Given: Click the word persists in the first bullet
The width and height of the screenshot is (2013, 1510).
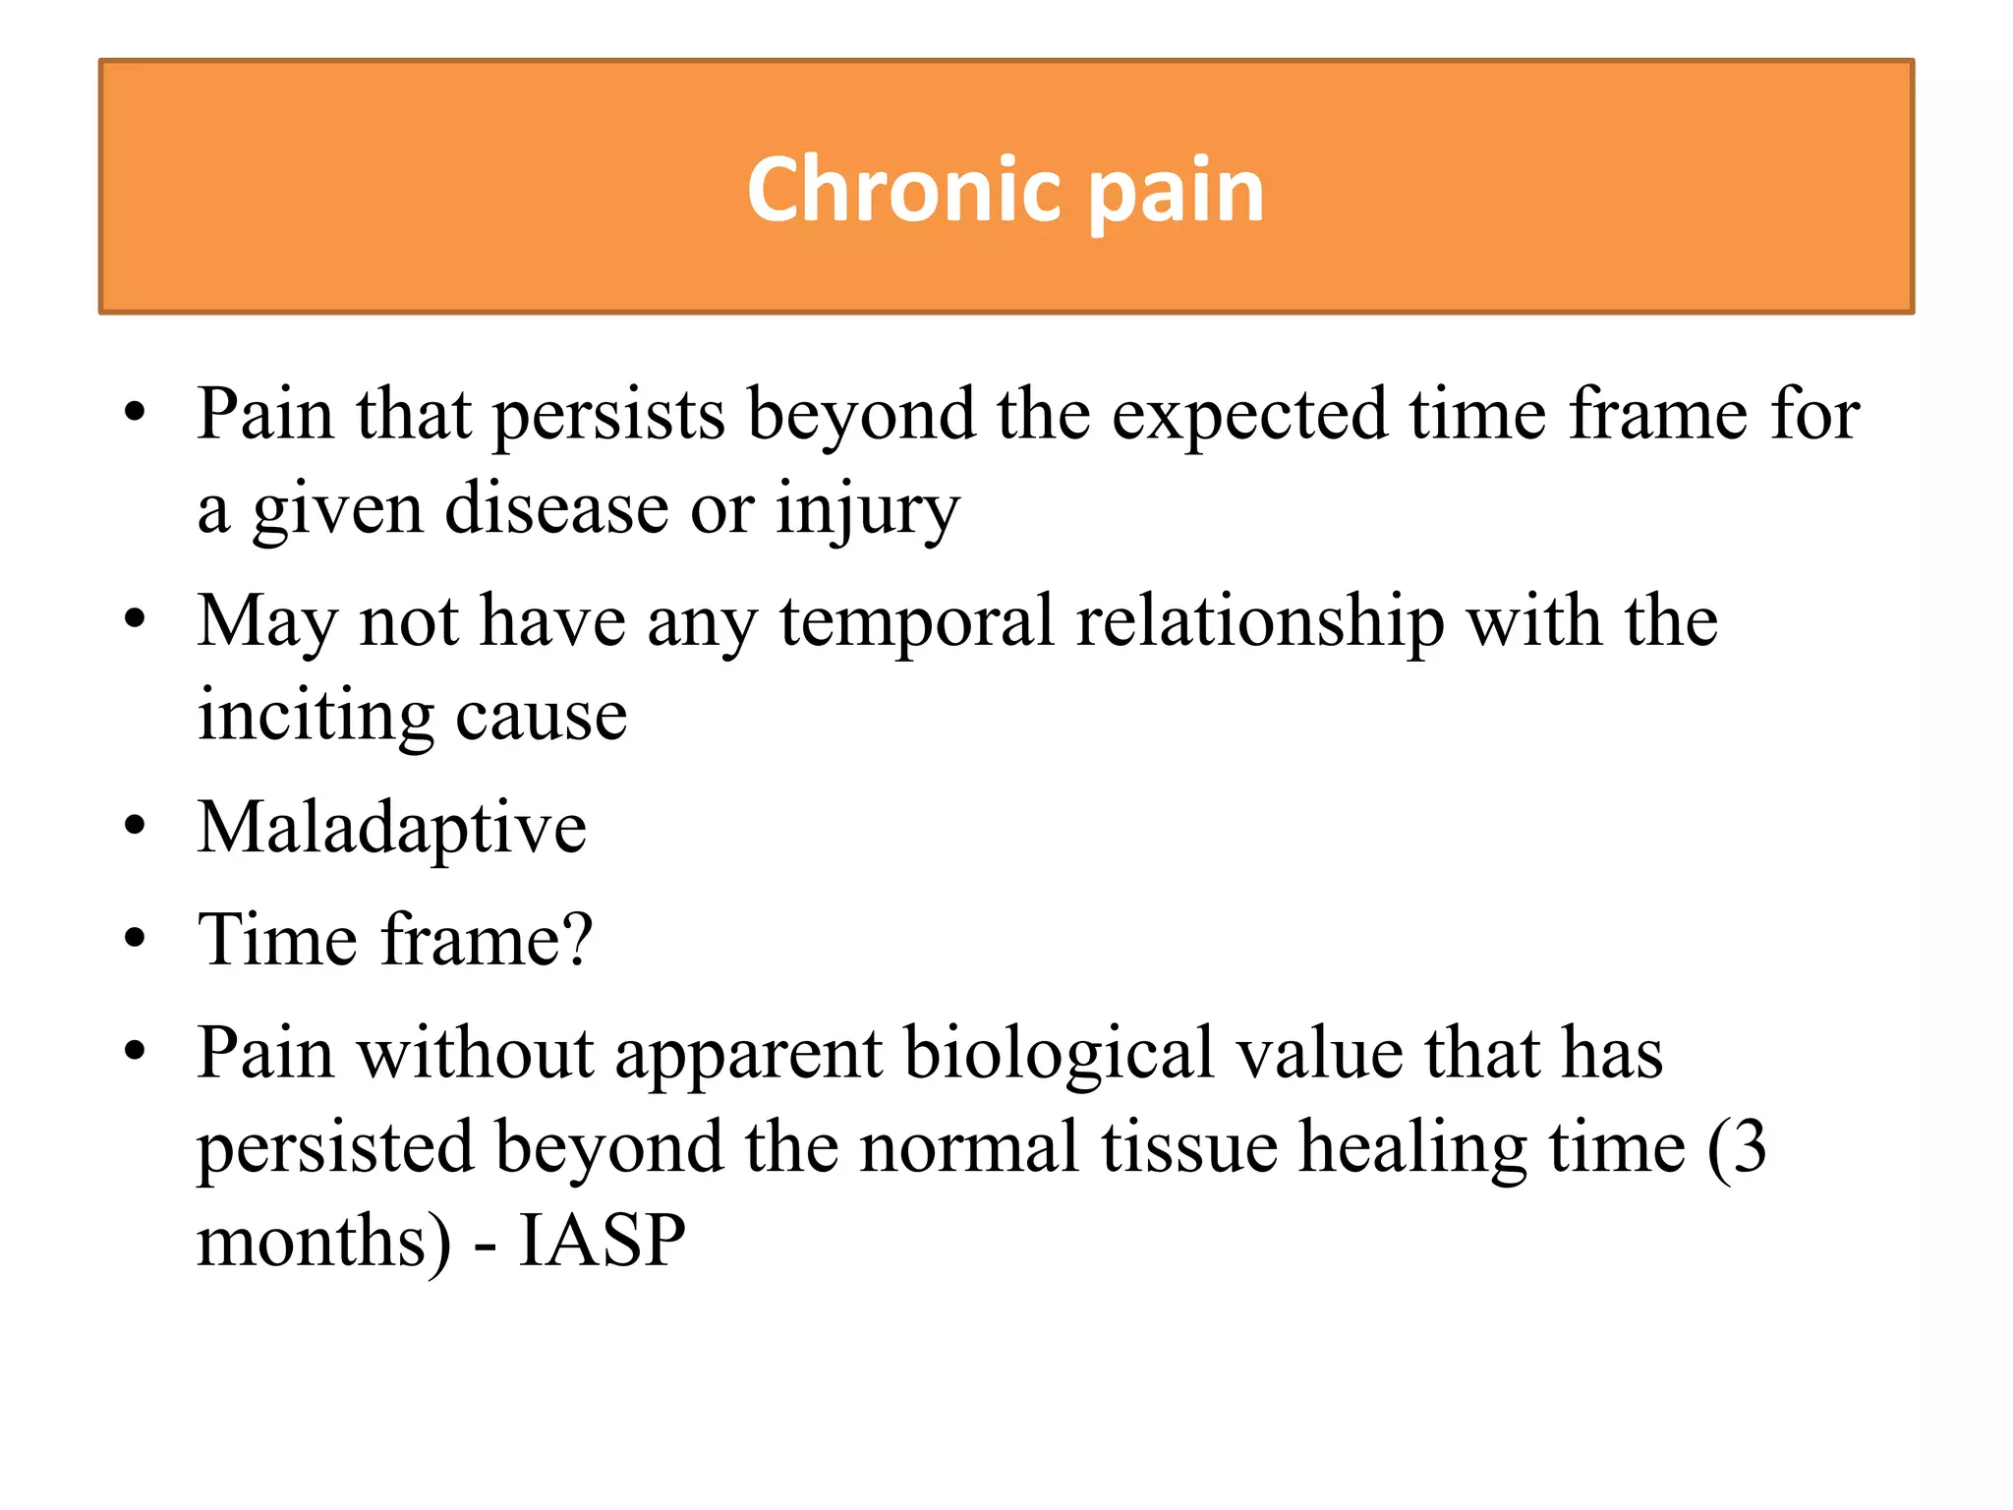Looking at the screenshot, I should [608, 416].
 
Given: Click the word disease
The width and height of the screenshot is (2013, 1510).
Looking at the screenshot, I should [556, 508].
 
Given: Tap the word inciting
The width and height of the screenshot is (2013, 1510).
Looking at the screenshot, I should [316, 716].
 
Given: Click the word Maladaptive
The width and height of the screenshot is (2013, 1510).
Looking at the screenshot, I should [391, 829].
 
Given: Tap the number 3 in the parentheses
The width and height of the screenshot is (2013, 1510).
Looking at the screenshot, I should [1750, 1145].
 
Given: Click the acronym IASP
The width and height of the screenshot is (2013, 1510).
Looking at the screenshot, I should [602, 1241].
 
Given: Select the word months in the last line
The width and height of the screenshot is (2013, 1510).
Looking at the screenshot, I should [312, 1241].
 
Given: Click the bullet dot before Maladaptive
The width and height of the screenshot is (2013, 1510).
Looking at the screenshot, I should [135, 827].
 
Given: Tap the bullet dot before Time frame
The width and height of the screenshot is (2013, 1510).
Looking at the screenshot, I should [135, 940].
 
